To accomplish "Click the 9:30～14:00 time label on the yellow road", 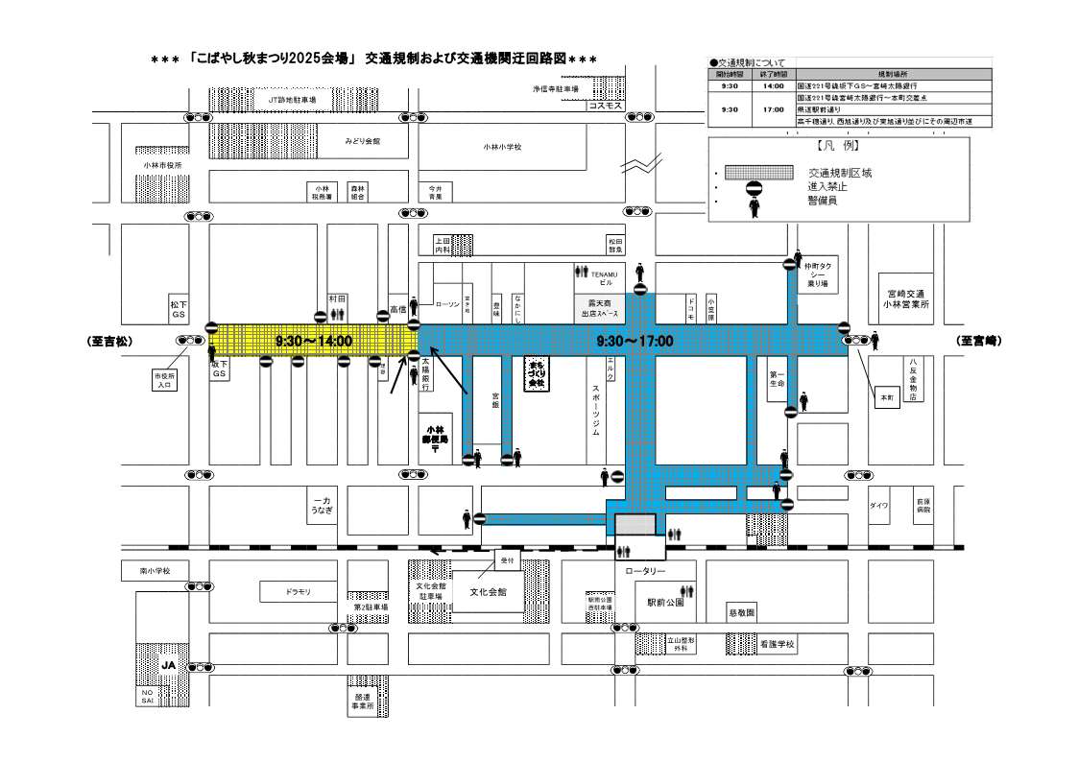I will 314,341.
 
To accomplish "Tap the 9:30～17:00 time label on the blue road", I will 635,341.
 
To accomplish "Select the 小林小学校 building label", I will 502,147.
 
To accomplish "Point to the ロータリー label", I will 645,571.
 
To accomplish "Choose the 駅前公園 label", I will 664,603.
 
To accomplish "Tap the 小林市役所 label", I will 161,165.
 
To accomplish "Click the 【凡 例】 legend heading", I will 838,148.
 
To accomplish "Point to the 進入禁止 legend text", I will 827,186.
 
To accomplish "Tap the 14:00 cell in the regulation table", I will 773,85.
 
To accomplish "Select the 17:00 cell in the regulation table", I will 773,109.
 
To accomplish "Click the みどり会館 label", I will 363,141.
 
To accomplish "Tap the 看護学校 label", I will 778,644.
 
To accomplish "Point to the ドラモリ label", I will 298,592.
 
